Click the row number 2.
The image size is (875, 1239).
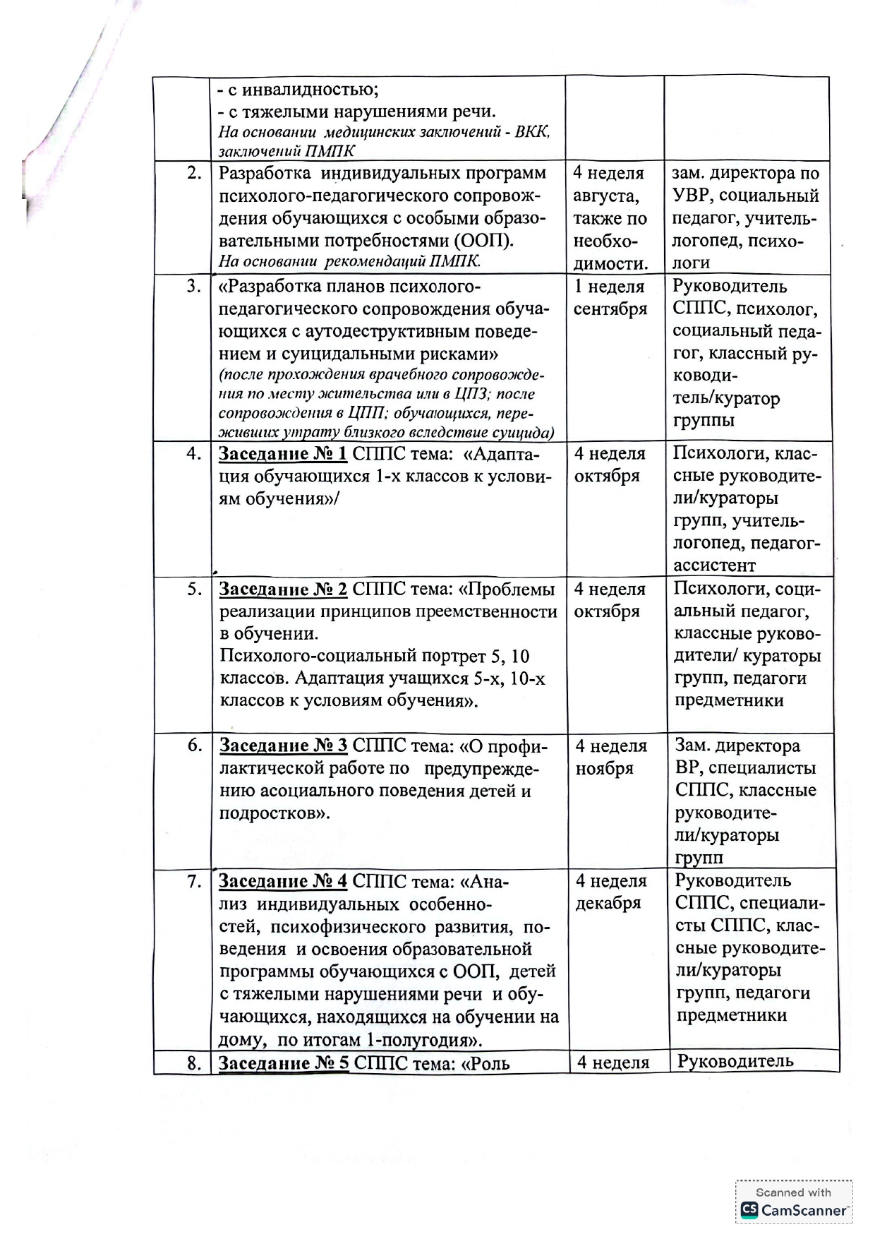point(194,174)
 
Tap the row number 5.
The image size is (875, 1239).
point(194,589)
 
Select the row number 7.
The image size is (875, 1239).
point(194,882)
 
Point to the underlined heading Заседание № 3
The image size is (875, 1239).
point(283,746)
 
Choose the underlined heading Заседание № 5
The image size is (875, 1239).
point(283,1063)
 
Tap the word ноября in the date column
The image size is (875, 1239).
point(604,769)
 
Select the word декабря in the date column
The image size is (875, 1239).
point(608,904)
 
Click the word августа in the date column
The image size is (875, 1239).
point(605,196)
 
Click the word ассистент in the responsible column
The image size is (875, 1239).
point(714,565)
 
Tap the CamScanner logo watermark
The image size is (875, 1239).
point(794,1210)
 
